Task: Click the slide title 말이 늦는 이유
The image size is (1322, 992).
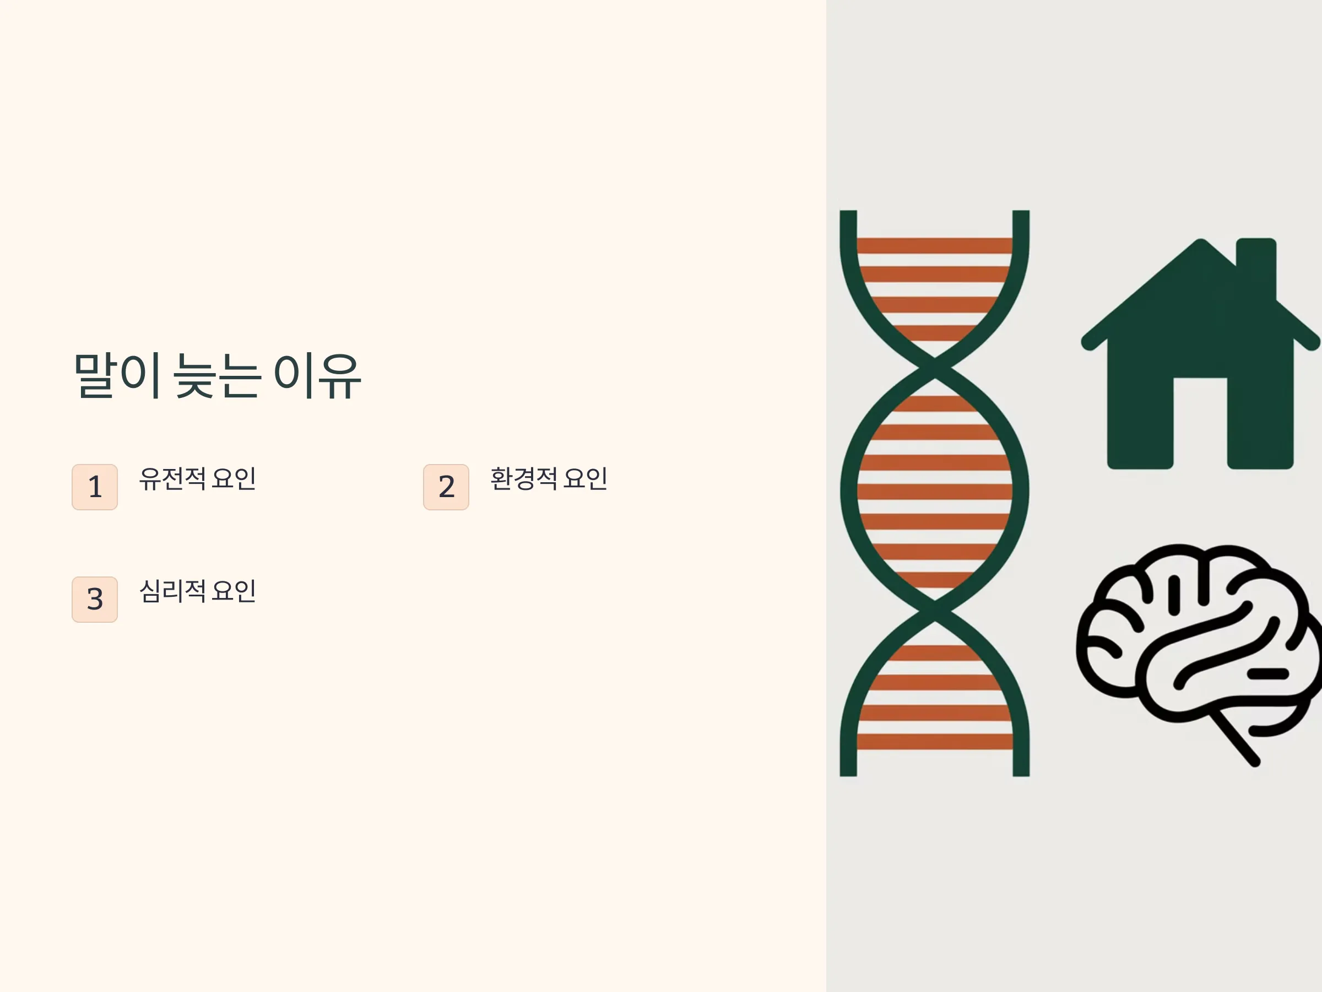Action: pyautogui.click(x=218, y=376)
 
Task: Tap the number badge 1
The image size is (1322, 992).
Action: pyautogui.click(x=94, y=487)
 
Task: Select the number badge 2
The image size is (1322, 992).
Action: pyautogui.click(x=446, y=487)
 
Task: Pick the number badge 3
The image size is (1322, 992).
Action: pyautogui.click(x=94, y=599)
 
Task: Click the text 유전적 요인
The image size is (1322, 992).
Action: pyautogui.click(x=198, y=478)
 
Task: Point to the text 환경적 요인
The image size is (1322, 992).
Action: pyautogui.click(x=549, y=478)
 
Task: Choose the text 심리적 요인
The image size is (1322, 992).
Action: pyautogui.click(x=198, y=591)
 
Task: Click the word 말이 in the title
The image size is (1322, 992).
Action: pyautogui.click(x=117, y=376)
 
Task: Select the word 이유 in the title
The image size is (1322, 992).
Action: pyautogui.click(x=318, y=376)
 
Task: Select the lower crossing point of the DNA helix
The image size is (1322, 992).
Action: pyautogui.click(x=935, y=611)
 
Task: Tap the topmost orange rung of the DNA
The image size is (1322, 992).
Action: pyautogui.click(x=935, y=245)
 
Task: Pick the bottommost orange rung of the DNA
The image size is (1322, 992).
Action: pyautogui.click(x=935, y=742)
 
